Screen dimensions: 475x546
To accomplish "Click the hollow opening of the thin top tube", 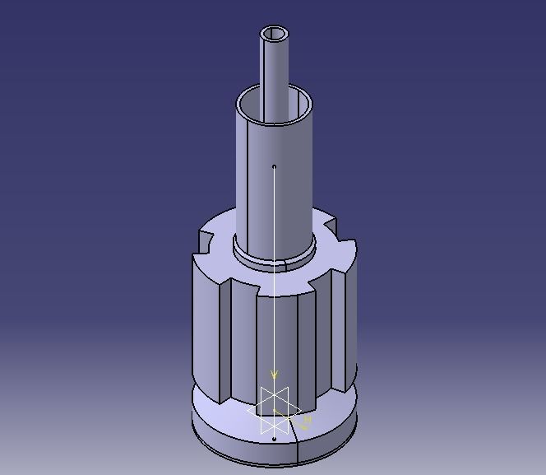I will tap(275, 34).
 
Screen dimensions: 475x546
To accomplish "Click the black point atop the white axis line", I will tap(274, 167).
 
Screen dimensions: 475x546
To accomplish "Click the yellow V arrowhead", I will tap(275, 375).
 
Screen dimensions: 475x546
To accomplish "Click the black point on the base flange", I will tap(274, 440).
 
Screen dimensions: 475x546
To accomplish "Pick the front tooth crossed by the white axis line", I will tap(284, 346).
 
